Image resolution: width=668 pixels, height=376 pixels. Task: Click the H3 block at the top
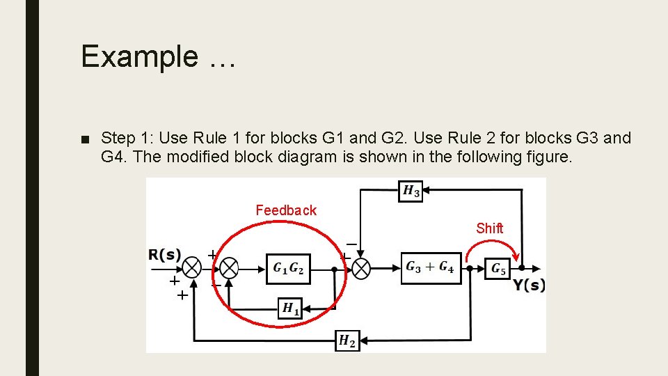[411, 191]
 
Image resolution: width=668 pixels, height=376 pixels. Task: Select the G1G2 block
[288, 268]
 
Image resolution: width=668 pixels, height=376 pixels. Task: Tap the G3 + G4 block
[431, 268]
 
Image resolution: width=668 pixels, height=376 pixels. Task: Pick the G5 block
[499, 268]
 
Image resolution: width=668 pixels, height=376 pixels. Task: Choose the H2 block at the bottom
[347, 340]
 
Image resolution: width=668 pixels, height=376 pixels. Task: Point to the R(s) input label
[164, 254]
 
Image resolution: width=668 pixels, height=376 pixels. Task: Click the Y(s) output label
[530, 285]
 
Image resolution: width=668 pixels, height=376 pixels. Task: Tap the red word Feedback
[285, 210]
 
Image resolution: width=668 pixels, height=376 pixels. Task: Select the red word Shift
[489, 228]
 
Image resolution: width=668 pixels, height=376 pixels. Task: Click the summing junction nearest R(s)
[192, 268]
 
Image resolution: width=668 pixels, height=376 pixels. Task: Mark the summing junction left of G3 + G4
[361, 268]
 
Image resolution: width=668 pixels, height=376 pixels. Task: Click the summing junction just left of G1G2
[229, 268]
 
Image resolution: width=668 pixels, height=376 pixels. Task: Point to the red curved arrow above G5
[492, 246]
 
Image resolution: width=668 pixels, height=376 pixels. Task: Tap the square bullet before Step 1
[85, 139]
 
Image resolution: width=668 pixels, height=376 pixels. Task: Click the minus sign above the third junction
[351, 244]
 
